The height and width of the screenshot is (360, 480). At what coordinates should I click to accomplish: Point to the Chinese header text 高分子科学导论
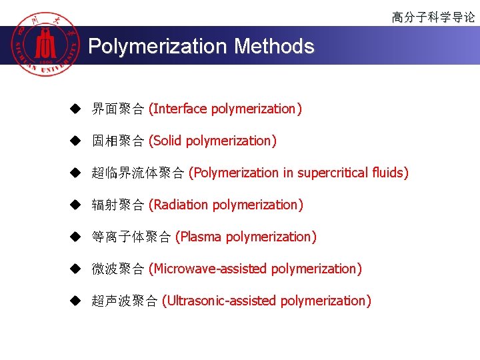coord(433,17)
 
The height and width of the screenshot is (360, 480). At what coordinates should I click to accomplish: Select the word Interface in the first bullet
coord(179,109)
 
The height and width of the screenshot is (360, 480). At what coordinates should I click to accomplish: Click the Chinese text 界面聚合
coord(117,109)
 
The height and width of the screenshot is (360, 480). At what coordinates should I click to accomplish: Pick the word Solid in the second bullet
coord(167,141)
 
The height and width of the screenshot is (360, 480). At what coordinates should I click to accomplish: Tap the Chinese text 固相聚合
coord(117,141)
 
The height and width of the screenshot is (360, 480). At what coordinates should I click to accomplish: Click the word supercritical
coord(333,173)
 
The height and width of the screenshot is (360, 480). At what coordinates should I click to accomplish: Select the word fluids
coord(391,173)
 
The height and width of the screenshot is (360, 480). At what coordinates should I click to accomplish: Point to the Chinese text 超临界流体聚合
coord(138,173)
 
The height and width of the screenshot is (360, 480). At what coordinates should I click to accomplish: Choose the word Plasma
coord(201,237)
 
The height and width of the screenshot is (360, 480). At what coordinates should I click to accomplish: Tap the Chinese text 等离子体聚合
coord(131,237)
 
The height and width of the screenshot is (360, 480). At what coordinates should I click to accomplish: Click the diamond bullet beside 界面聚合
coord(77,109)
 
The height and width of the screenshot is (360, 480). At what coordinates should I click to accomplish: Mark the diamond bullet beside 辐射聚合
coord(77,205)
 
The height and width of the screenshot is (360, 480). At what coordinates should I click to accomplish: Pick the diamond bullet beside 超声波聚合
coord(77,301)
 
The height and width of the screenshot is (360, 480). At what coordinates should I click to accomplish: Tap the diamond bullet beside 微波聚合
coord(77,269)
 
